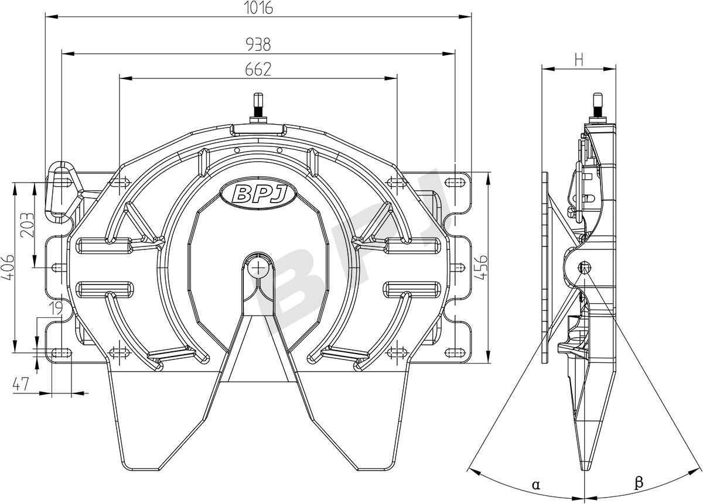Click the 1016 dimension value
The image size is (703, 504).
click(x=258, y=8)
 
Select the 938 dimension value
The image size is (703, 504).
click(x=258, y=44)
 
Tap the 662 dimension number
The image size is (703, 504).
click(x=258, y=70)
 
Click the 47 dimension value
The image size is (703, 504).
click(x=21, y=384)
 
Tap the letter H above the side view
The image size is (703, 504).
click(x=579, y=59)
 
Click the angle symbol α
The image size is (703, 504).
click(x=535, y=484)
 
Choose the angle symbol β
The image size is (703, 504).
click(x=639, y=482)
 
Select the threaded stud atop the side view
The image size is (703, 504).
click(x=597, y=105)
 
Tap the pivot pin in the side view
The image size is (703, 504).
click(x=584, y=268)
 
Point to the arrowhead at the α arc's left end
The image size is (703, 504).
click(x=472, y=468)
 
